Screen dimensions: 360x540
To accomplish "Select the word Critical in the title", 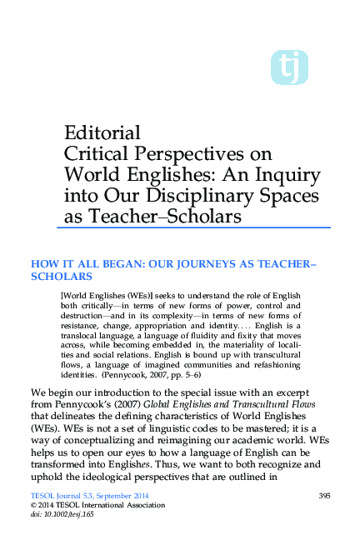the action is pyautogui.click(x=95, y=154).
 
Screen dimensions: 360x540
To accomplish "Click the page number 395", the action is pyautogui.click(x=325, y=496).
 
